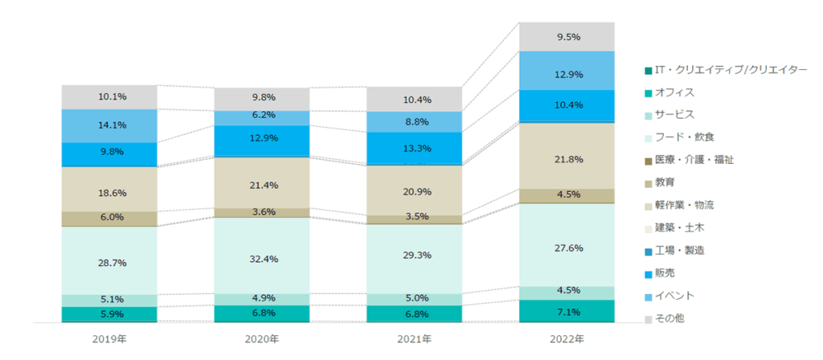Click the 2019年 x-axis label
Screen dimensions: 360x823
pos(109,339)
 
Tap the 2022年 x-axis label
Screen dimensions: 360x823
pos(567,339)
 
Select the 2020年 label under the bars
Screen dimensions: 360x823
pos(262,339)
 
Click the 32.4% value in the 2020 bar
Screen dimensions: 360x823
pos(262,260)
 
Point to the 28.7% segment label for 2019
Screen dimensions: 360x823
pos(109,263)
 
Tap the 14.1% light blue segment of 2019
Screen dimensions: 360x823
pos(109,125)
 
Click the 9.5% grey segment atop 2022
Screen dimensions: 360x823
pos(567,37)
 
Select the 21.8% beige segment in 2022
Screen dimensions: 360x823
pos(567,160)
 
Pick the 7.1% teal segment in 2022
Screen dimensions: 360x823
pos(567,312)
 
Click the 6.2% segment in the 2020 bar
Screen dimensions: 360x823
pos(262,116)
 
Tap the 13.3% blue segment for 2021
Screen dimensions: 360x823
pos(415,148)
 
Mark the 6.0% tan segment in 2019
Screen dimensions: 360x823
pos(109,217)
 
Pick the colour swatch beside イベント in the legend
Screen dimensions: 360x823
pos(648,296)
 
